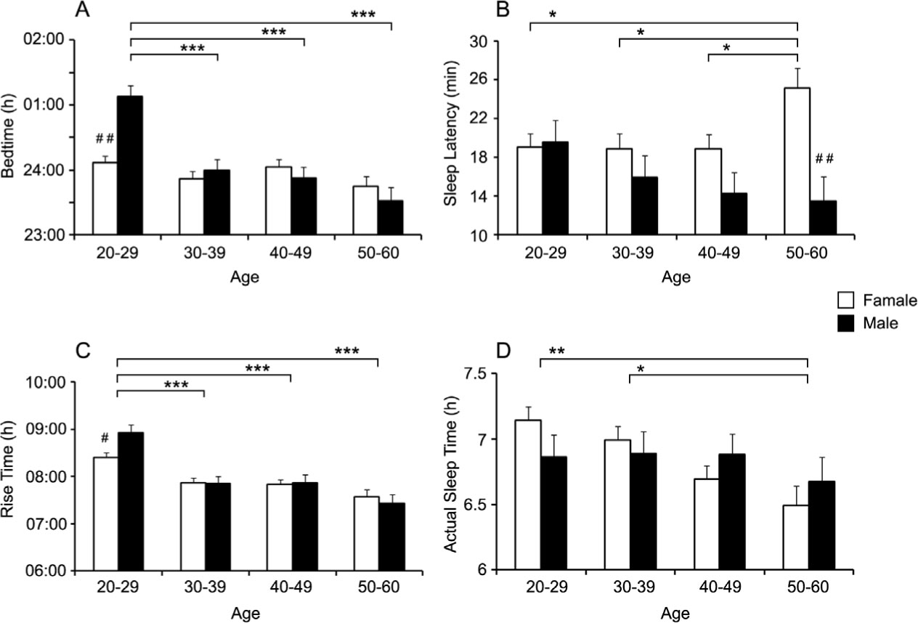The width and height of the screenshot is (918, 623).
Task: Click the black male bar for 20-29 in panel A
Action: (x=130, y=166)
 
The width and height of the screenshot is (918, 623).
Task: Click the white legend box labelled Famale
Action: (x=844, y=300)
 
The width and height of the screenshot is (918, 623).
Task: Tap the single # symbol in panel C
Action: (x=105, y=438)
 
